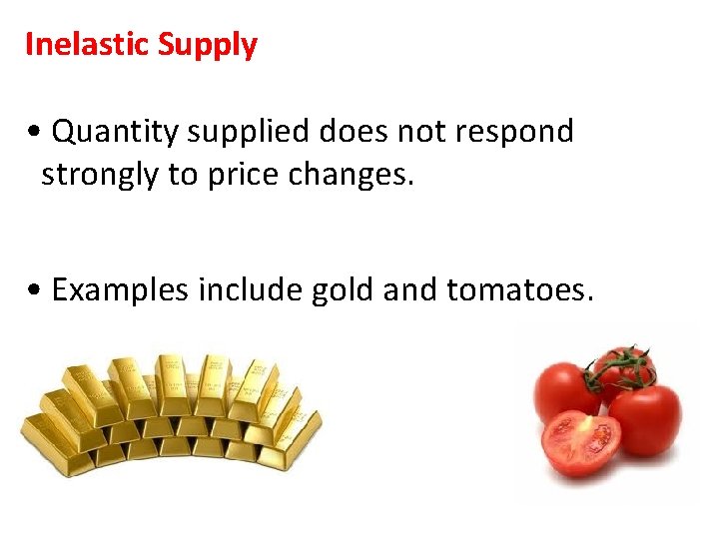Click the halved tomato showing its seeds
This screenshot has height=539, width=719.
pos(580,442)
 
